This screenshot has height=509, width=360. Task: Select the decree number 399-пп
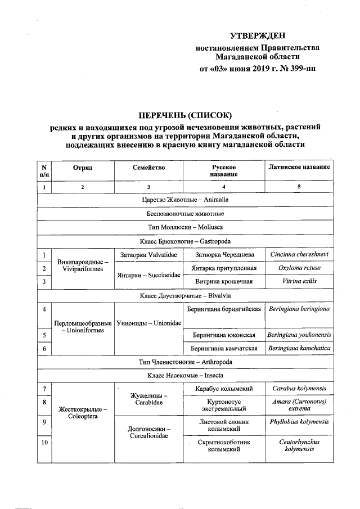(300, 70)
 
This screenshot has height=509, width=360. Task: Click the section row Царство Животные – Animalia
(184, 200)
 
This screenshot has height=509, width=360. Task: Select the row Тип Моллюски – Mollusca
(184, 227)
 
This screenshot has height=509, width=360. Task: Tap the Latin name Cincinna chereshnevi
(298, 255)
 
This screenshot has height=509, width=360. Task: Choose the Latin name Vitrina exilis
(298, 281)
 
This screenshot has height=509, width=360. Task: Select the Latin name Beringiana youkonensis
(298, 335)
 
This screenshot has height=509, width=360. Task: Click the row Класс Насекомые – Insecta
(184, 376)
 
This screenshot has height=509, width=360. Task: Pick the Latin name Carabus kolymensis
(298, 389)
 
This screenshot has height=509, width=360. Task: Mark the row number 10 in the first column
(44, 443)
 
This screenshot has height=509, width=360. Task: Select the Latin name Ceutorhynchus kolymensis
(298, 445)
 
